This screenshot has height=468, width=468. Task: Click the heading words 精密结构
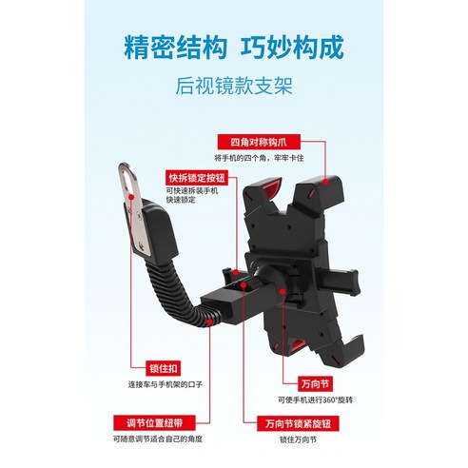pos(163,48)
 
